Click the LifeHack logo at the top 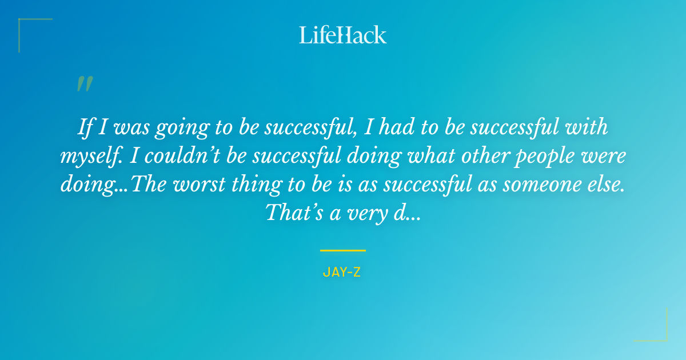click(343, 35)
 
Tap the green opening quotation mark click(84, 84)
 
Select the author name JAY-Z click(342, 272)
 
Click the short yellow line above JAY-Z click(343, 250)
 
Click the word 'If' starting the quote click(85, 127)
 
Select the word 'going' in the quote click(187, 129)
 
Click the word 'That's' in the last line click(291, 213)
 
